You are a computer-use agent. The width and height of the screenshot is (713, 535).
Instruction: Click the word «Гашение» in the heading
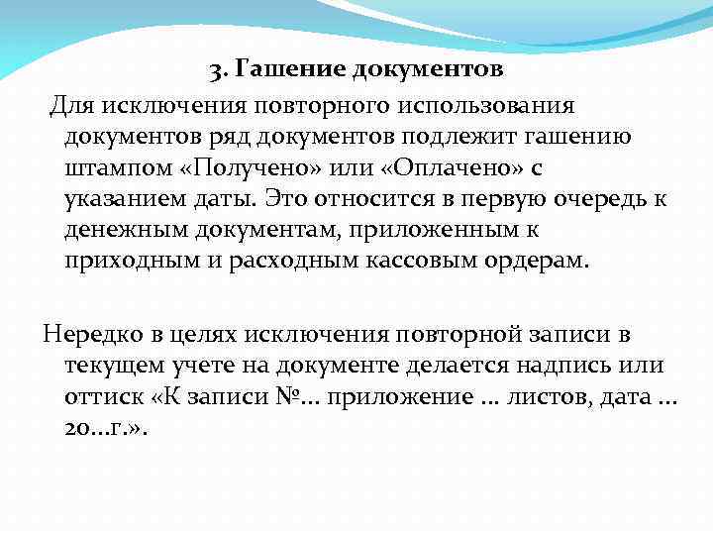pyautogui.click(x=276, y=70)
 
